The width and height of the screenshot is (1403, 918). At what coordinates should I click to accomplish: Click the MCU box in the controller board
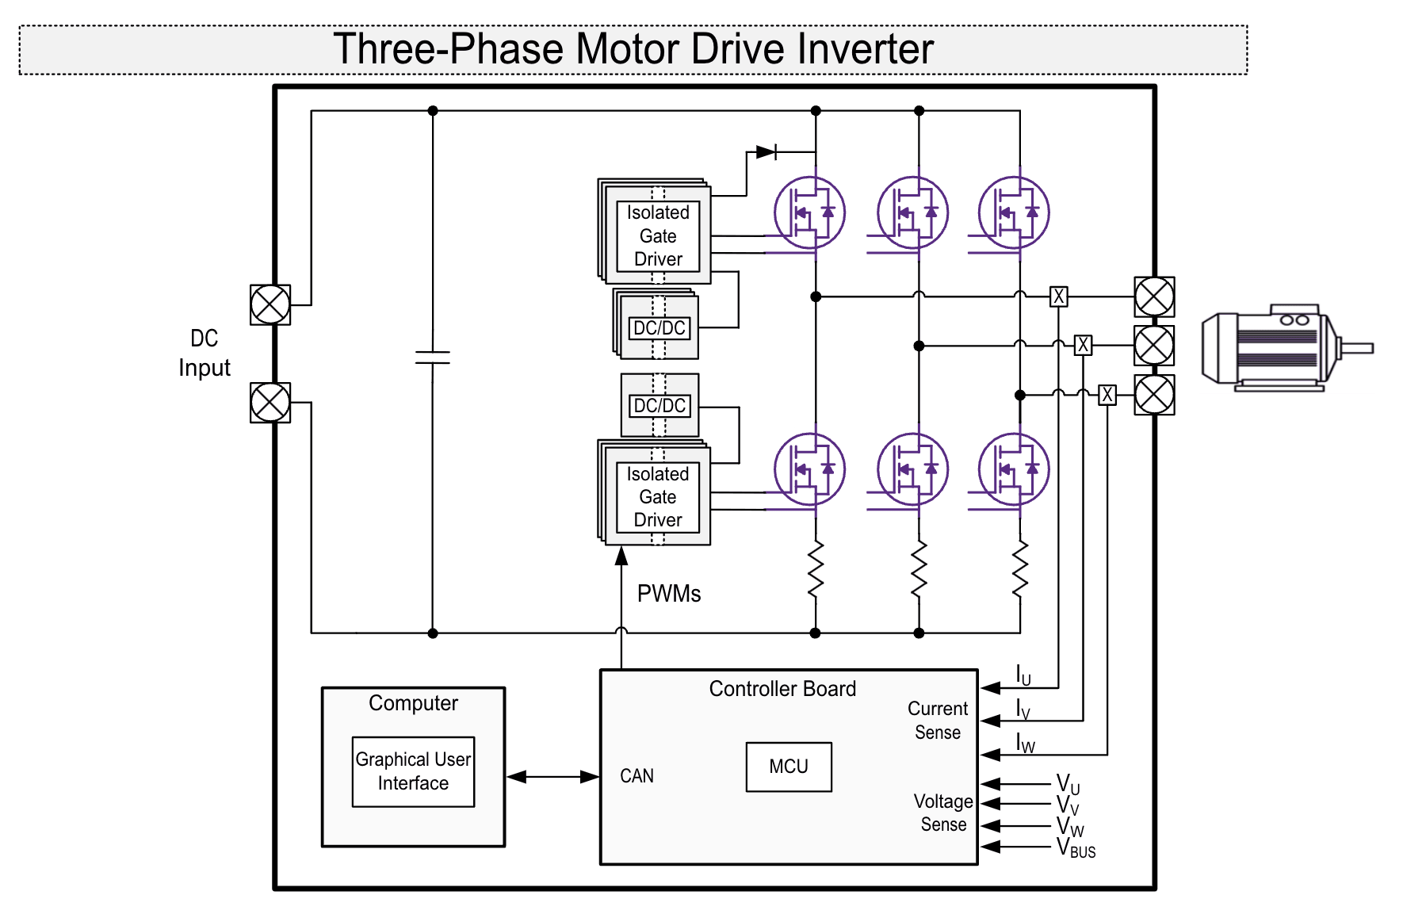point(788,767)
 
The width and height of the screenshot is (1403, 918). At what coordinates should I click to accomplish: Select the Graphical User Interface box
point(413,771)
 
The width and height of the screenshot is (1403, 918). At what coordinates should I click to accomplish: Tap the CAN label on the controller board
point(637,776)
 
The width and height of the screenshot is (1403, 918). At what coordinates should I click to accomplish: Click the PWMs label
point(668,594)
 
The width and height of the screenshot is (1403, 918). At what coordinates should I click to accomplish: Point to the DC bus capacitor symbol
point(433,358)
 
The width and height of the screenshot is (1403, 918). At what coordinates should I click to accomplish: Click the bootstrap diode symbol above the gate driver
point(766,151)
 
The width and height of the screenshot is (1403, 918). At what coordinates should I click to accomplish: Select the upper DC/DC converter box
point(659,328)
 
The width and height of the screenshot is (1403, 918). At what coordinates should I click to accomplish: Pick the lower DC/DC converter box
point(659,406)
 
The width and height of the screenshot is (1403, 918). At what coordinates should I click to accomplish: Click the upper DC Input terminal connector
point(270,304)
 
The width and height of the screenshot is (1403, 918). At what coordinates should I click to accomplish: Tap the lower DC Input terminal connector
point(270,403)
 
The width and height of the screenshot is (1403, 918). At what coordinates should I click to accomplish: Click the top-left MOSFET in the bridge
point(809,212)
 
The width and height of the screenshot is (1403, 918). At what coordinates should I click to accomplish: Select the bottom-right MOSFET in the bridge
point(1014,469)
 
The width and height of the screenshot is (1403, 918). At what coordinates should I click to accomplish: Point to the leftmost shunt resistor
point(816,569)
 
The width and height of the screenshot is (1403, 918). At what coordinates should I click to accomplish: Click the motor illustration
point(1276,348)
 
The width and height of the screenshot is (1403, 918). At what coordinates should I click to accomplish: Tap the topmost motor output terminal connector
point(1154,297)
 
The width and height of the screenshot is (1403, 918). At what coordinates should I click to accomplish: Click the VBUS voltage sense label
point(1076,848)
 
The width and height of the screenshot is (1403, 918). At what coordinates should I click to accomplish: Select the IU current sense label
point(1023,675)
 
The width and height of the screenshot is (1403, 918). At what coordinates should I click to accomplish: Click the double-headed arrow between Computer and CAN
point(552,777)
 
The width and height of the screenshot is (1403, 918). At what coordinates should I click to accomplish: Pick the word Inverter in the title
point(866,49)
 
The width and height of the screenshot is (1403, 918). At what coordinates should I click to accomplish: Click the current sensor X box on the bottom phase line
point(1107,395)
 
